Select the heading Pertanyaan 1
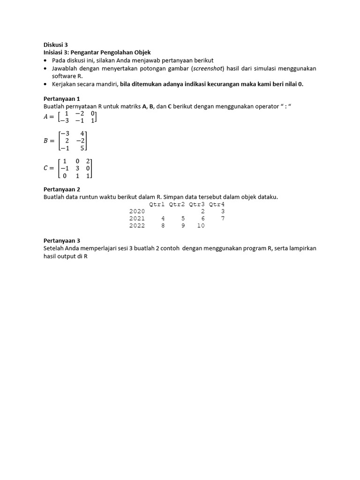coord(62,99)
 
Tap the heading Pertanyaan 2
coord(62,189)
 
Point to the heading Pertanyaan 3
coord(62,240)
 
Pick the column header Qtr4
coord(217,204)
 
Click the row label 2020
coord(137,211)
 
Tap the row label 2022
coord(137,225)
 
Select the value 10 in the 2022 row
coord(201,225)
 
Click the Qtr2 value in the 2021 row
coord(183,218)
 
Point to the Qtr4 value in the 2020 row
coord(223,211)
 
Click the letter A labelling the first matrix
coord(46,117)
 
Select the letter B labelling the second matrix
coord(46,141)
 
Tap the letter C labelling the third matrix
coord(46,168)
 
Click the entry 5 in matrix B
coord(82,148)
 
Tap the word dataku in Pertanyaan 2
coord(267,197)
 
